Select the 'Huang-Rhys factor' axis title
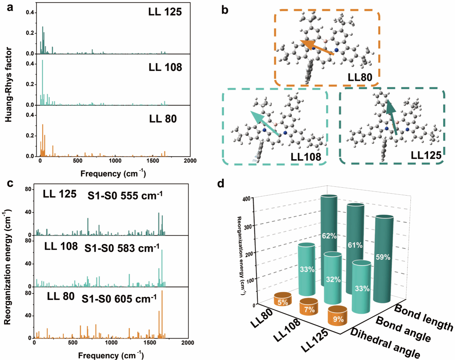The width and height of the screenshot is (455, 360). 9,85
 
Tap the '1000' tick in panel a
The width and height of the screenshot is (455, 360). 115,161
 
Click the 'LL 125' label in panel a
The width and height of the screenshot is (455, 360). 165,12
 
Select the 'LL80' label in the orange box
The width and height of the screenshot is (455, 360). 360,77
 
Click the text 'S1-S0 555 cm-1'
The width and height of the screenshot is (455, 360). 125,196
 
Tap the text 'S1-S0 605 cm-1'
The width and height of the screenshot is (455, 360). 119,299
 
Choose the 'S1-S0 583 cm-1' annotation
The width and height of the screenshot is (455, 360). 122,248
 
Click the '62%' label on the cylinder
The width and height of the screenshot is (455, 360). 329,236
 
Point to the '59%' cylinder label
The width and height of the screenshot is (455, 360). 383,257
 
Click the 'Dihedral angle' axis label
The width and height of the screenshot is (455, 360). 385,343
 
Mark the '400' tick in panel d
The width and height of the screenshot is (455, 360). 246,199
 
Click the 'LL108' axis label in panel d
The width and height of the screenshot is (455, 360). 287,330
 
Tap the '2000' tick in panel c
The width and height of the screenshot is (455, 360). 188,343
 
